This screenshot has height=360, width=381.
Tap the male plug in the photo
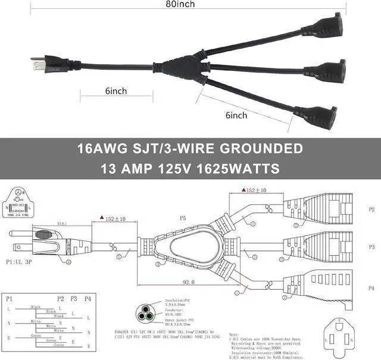pos(44,60)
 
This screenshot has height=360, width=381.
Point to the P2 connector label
pos(371,210)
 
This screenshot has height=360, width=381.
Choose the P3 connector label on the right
pos(371,246)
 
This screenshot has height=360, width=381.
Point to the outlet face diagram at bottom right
pos(342,337)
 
